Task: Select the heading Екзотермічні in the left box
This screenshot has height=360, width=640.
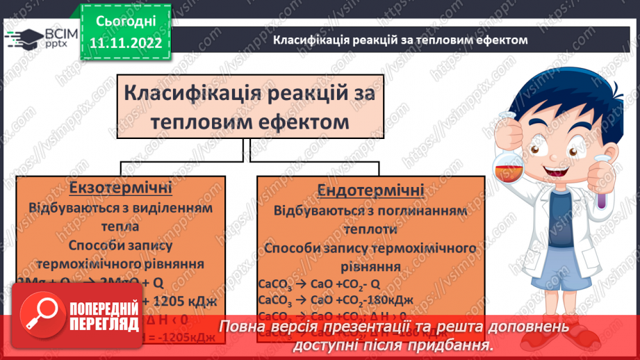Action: coord(121,188)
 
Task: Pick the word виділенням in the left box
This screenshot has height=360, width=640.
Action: coord(177,207)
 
